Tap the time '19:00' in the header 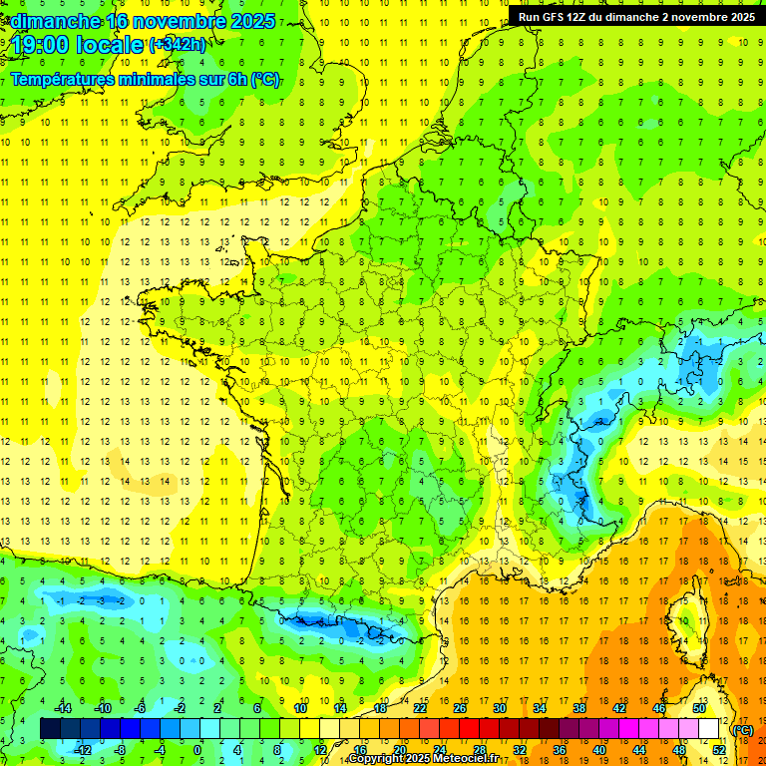[x=41, y=45]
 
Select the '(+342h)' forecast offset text [x=178, y=44]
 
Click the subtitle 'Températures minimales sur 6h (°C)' [x=146, y=80]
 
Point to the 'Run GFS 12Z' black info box [x=636, y=16]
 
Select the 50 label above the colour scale [x=698, y=707]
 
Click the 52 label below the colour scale [x=718, y=750]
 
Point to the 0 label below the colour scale [x=197, y=750]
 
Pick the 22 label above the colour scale [x=420, y=707]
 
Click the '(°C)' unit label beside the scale [x=742, y=729]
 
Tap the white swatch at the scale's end [x=708, y=729]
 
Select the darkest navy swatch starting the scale [x=50, y=729]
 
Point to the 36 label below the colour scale [x=559, y=750]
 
